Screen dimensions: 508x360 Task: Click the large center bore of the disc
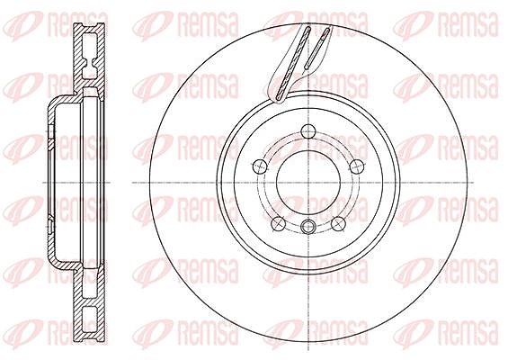[308, 183]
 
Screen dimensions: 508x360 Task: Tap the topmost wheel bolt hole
[308, 131]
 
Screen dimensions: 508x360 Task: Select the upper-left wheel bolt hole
[260, 166]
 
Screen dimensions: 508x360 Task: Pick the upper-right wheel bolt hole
[357, 166]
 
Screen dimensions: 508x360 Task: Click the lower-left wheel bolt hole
[278, 223]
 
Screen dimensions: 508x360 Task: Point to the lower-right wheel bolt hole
[338, 223]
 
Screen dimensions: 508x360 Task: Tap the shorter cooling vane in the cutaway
[317, 48]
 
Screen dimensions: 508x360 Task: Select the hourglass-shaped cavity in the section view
[91, 56]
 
